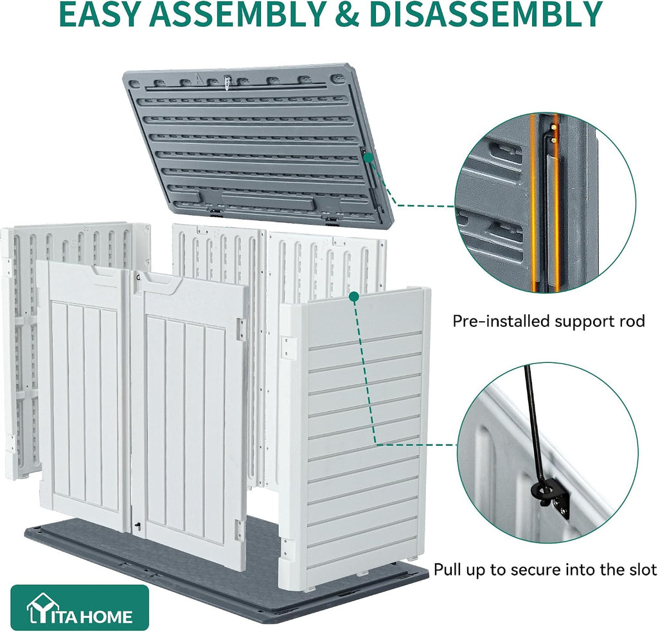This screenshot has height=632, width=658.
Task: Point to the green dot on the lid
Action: tap(368, 158)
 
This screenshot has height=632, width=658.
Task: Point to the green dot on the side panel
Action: tap(354, 297)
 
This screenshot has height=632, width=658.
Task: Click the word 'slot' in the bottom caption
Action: tap(642, 570)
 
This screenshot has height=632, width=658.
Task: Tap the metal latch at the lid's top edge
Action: tap(227, 83)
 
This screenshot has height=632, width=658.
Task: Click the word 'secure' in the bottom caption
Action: tap(535, 570)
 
